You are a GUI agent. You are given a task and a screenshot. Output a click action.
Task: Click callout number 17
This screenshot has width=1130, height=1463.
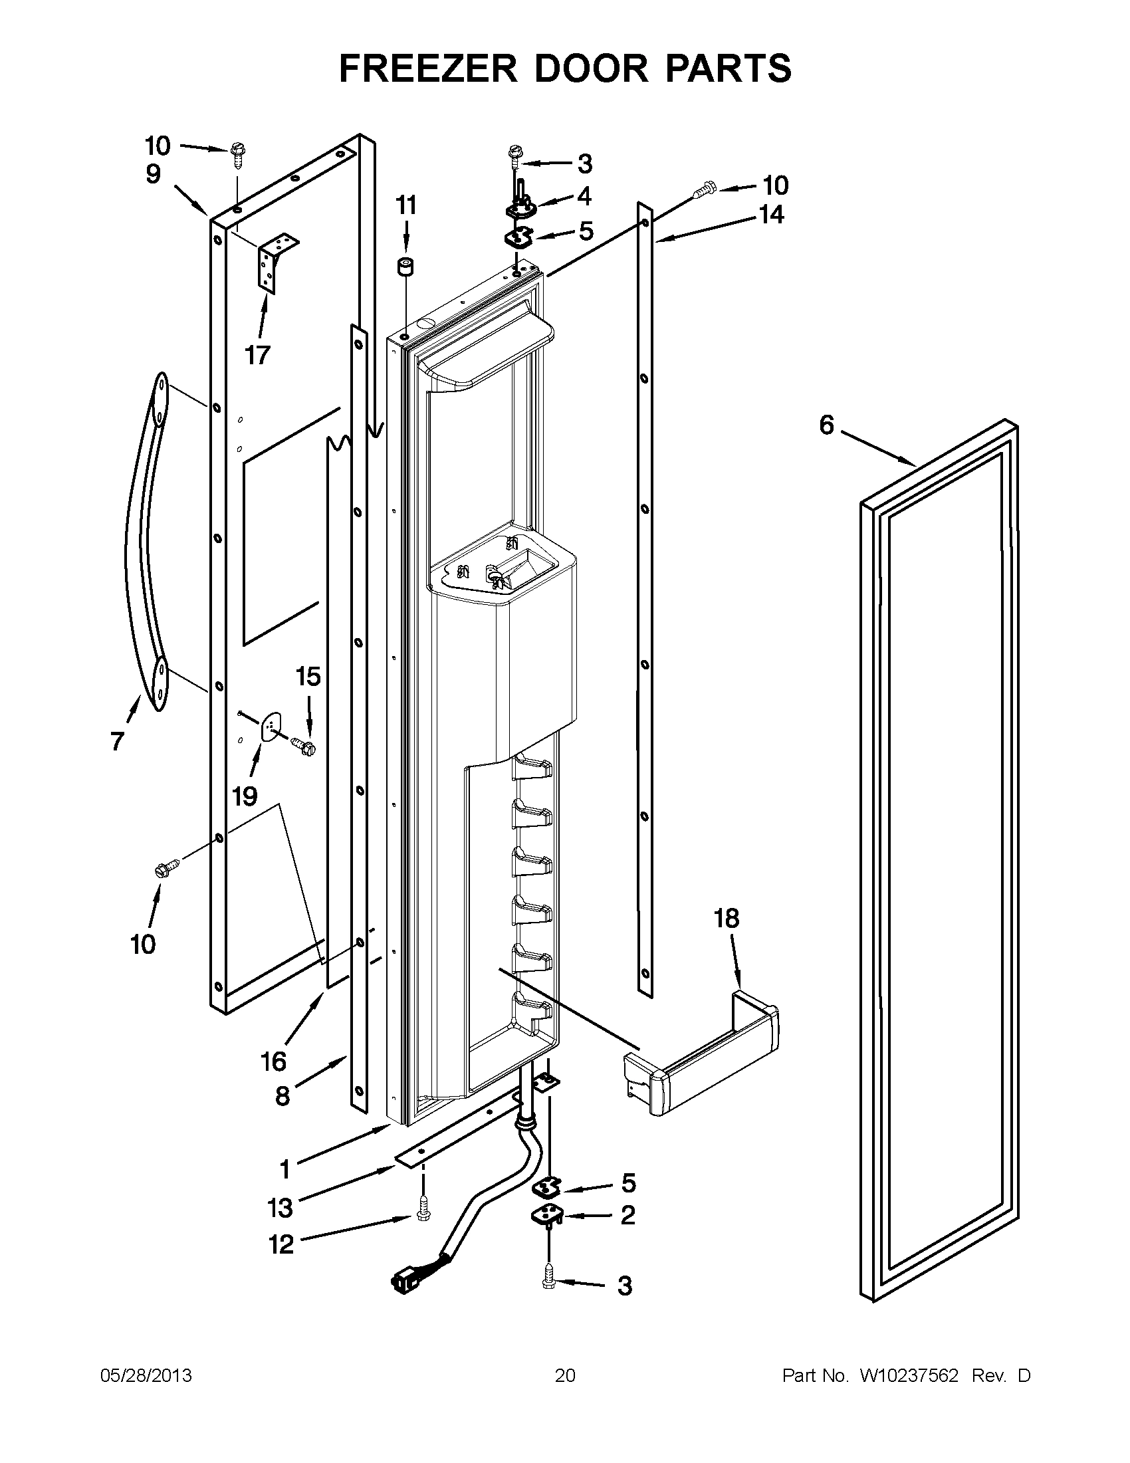pos(257,355)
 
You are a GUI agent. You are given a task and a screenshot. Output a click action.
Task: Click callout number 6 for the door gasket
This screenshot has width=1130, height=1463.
pos(828,425)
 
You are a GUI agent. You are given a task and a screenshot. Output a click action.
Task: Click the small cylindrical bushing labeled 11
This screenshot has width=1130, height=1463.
pos(405,267)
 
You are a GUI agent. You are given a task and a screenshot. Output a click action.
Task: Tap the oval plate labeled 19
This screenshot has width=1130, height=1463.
pos(271,727)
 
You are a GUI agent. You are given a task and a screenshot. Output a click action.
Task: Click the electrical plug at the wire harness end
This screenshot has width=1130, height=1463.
pos(403,1284)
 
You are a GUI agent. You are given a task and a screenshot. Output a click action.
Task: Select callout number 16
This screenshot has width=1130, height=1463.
pos(274,1061)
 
